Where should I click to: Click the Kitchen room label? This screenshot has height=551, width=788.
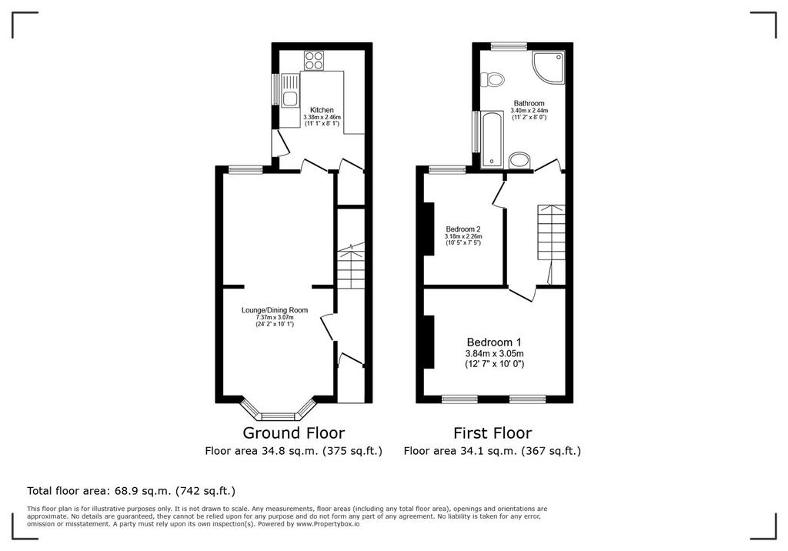pos(322,110)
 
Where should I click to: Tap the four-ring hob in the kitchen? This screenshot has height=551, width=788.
pos(314,61)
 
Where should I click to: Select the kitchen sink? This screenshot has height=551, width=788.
pos(290,91)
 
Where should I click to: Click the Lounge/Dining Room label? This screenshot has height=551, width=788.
pos(275,310)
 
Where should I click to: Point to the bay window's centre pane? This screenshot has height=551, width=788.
pos(278,416)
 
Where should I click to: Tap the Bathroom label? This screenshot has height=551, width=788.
pos(529,103)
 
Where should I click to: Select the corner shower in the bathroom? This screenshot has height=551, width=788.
pos(549,67)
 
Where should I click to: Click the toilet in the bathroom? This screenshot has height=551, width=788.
pos(492,79)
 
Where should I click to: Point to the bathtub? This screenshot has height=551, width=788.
pos(492,140)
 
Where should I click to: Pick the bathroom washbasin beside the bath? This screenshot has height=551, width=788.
pos(519,161)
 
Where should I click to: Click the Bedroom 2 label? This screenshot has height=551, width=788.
pos(462,229)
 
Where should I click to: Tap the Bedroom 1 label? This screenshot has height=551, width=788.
pos(494,342)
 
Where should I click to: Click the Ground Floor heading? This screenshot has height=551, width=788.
pos(294,432)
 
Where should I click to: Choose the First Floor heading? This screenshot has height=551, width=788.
pos(492,432)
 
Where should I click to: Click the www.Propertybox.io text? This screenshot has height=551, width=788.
pos(328,524)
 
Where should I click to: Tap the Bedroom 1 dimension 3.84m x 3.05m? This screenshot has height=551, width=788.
pos(495,353)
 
